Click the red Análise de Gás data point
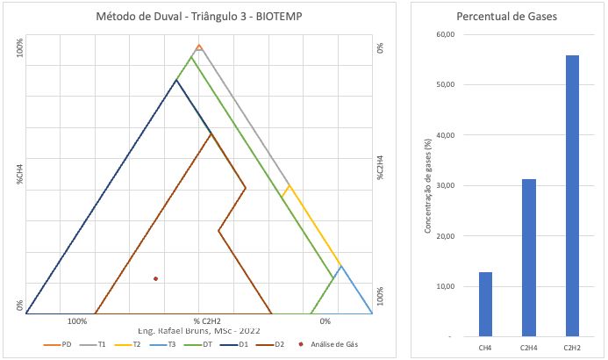tap(156, 278)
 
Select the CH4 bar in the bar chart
tap(485, 304)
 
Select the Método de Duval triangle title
tap(200, 17)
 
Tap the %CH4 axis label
tap(18, 172)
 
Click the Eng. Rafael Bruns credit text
tap(199, 330)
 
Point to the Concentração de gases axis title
tap(427, 185)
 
